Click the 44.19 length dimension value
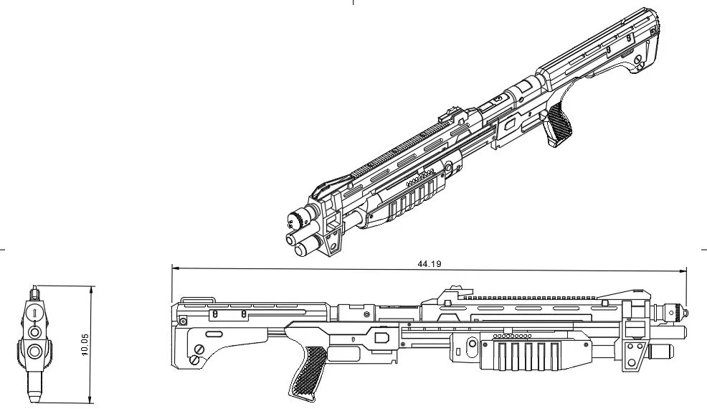click(x=429, y=264)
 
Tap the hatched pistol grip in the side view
click(x=306, y=365)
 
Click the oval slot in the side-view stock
click(x=214, y=334)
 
